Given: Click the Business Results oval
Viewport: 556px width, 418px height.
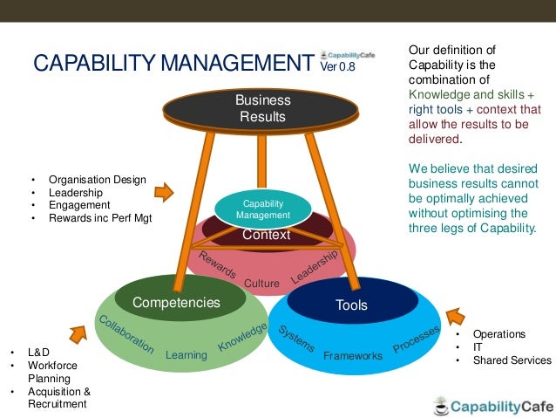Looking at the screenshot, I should pos(262,108).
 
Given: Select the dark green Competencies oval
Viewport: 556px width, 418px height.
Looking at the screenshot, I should pos(176,302).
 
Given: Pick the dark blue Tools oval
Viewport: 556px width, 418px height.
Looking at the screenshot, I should pos(351,305).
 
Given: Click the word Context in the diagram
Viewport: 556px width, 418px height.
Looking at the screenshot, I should pos(266,235).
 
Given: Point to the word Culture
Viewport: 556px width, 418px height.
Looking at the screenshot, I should pos(261,284).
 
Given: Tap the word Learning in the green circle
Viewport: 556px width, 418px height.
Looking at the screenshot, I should pos(186,355).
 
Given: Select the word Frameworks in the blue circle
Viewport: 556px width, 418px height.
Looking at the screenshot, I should pos(353,356).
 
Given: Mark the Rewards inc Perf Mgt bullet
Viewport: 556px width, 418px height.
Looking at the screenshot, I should pos(100,218).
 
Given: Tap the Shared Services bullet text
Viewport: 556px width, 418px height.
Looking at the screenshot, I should pos(512,360).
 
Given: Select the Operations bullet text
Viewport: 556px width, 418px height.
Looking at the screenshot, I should pos(498,333).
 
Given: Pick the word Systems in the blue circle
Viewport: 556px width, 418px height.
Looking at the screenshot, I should pos(296,338).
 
